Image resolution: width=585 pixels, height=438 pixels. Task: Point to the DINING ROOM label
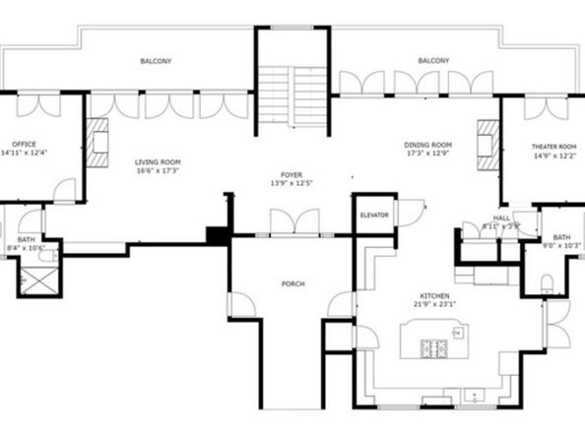click(427, 144)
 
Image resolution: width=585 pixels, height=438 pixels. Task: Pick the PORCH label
click(292, 283)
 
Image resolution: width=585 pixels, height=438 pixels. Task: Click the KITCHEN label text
click(434, 295)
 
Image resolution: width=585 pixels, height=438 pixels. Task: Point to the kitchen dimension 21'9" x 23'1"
click(434, 305)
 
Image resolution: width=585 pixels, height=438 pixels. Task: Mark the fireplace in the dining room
click(487, 144)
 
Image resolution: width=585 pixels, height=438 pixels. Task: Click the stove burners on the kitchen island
click(433, 348)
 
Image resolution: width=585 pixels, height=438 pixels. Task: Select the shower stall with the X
click(37, 279)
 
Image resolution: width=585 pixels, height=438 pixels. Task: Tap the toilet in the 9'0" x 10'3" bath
click(548, 284)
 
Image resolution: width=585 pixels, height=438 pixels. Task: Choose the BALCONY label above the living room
click(156, 61)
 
